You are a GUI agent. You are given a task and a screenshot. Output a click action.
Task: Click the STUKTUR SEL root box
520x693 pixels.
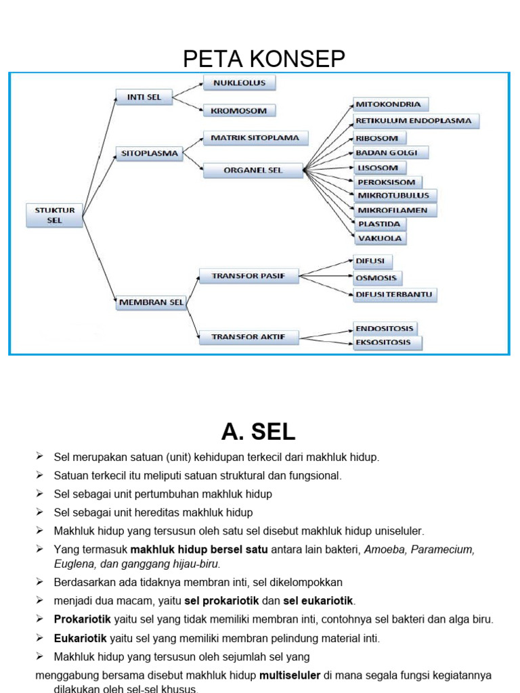(55, 215)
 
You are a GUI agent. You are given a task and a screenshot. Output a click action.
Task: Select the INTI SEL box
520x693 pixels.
(144, 97)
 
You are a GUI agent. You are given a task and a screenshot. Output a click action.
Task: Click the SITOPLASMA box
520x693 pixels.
(150, 154)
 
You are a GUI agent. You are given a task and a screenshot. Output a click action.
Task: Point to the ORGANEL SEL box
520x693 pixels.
(253, 171)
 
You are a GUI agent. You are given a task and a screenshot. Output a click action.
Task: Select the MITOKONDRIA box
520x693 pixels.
(391, 105)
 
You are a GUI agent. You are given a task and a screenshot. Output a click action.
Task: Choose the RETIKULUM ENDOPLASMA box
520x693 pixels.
(416, 121)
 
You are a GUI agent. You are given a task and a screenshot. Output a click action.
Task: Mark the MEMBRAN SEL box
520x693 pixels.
(150, 303)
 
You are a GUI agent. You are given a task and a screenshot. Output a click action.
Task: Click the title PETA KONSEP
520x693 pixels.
(263, 60)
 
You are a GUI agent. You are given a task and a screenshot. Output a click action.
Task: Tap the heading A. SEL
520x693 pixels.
(258, 431)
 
